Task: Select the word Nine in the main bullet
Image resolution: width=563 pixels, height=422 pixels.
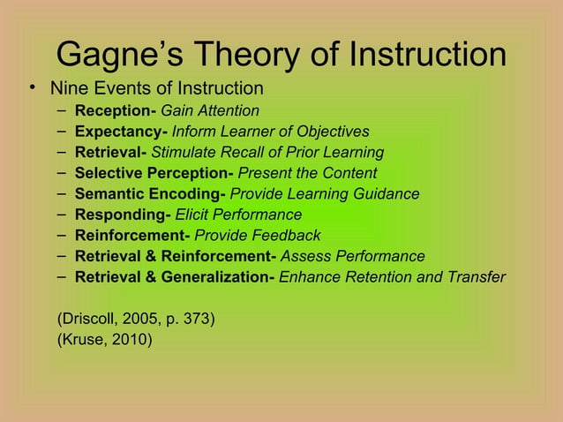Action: coord(67,88)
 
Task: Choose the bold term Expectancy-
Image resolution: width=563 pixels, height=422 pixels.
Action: coord(121,132)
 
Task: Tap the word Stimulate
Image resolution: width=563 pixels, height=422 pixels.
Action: coord(184,152)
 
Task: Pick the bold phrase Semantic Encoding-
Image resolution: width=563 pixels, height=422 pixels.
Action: coord(150,194)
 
